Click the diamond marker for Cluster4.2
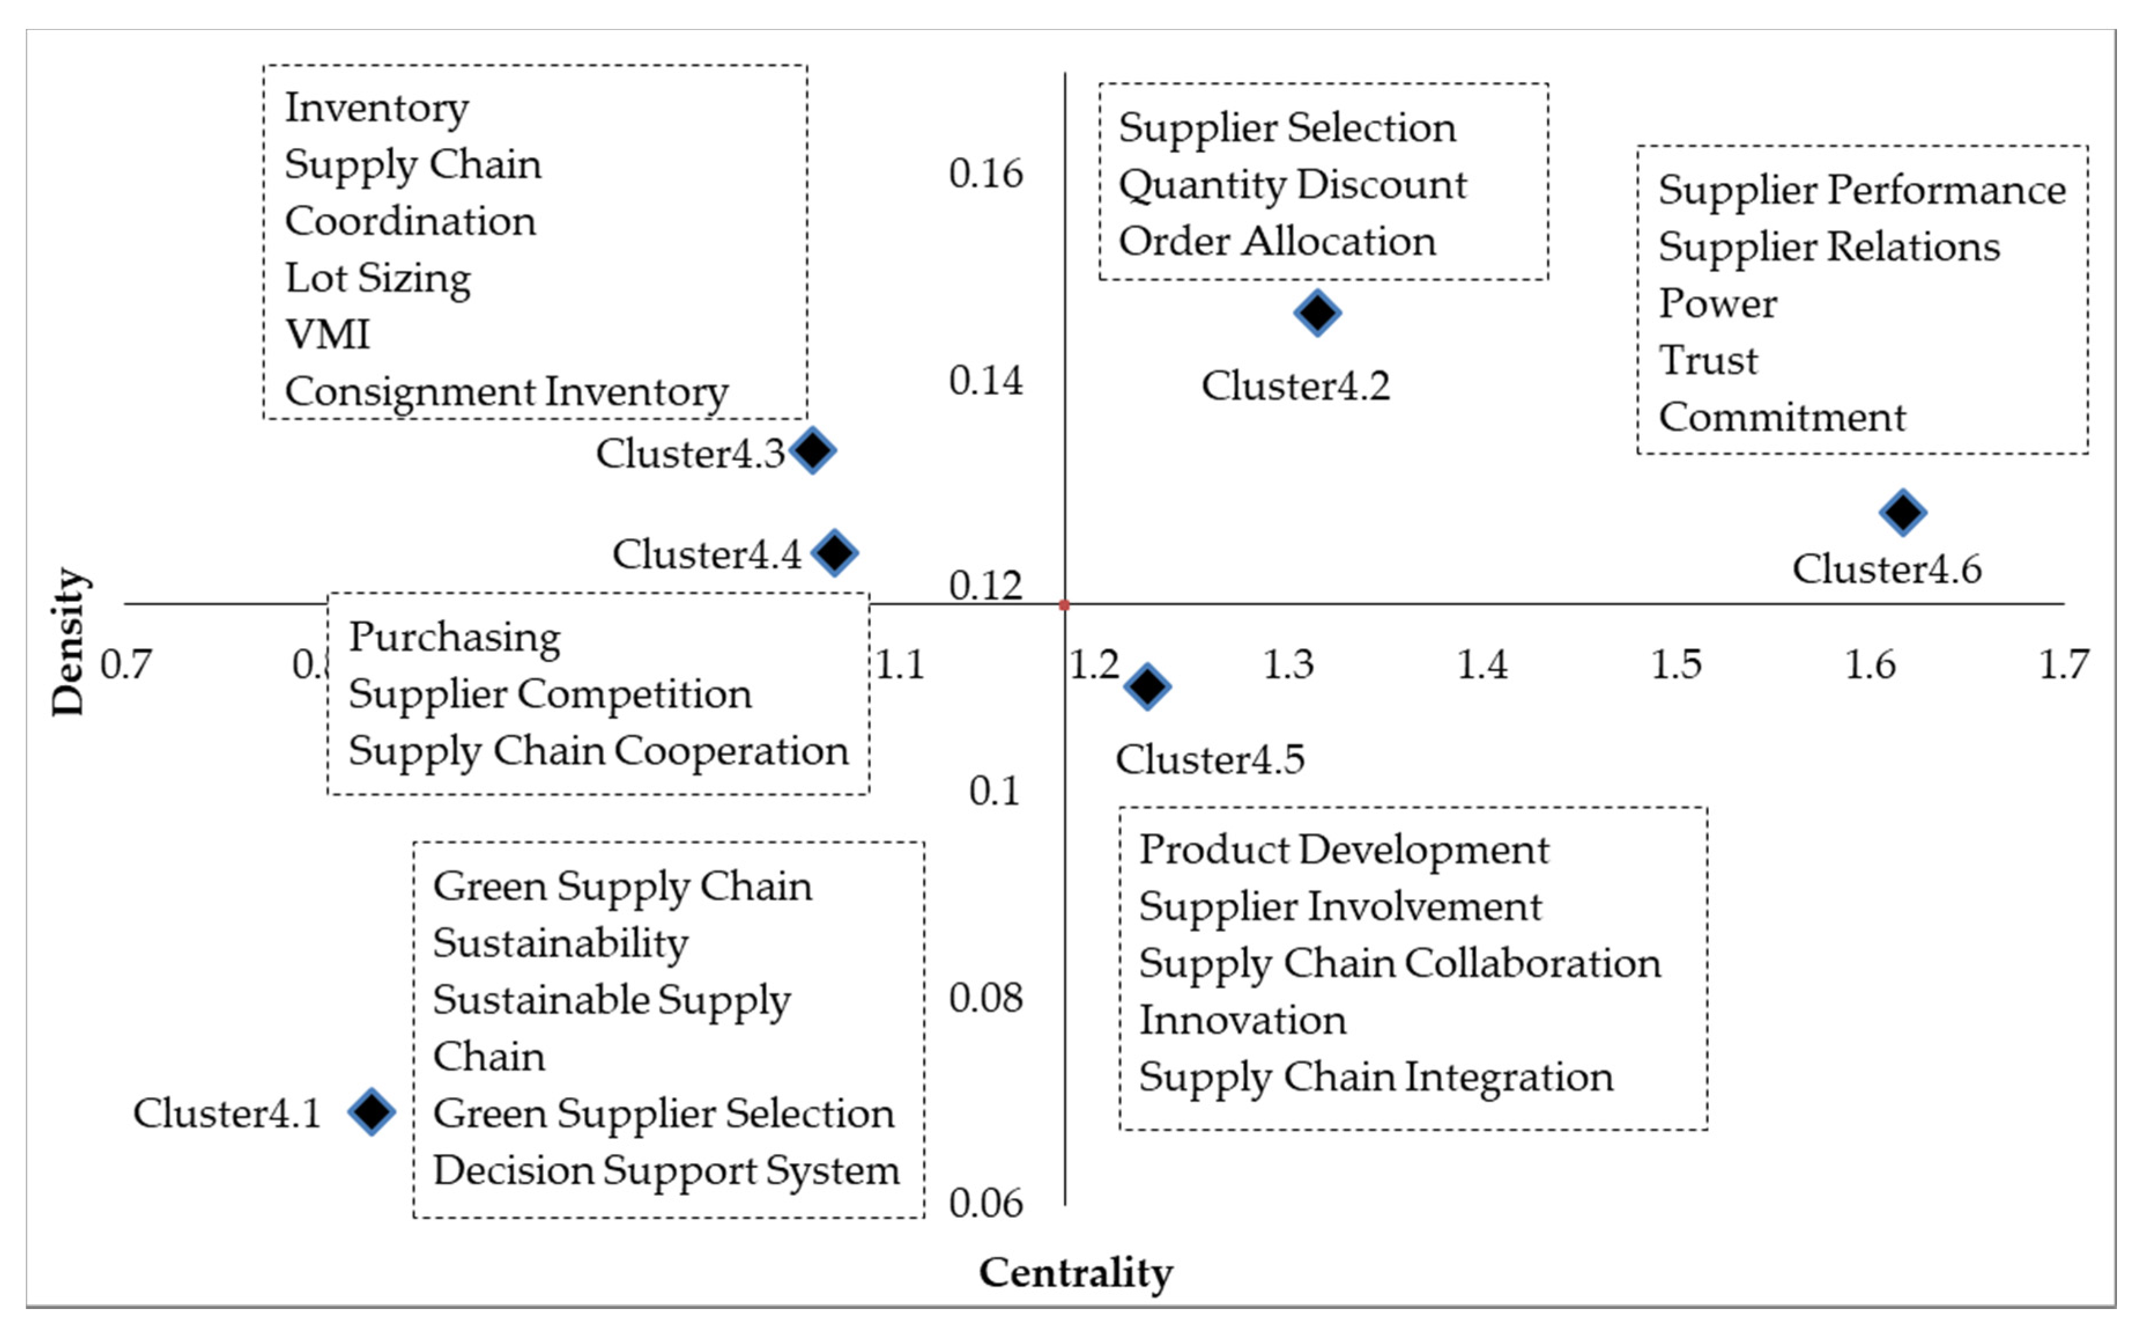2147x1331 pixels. click(1317, 312)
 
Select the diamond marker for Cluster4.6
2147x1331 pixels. click(1903, 512)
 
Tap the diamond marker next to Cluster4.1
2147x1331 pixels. click(372, 1112)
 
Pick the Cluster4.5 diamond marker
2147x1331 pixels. click(1147, 686)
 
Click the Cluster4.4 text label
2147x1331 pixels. click(707, 554)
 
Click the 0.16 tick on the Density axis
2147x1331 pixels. click(985, 173)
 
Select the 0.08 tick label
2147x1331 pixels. click(985, 998)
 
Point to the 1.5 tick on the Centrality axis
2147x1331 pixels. click(1675, 664)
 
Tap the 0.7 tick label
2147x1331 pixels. click(126, 664)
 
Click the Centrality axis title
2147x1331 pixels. click(1076, 1273)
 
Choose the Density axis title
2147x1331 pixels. click(69, 642)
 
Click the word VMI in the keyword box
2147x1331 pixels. click(327, 335)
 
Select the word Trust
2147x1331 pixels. click(1707, 360)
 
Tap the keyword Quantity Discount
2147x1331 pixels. click(1292, 185)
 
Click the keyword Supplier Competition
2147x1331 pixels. click(550, 694)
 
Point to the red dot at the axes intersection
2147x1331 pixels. click(1064, 605)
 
